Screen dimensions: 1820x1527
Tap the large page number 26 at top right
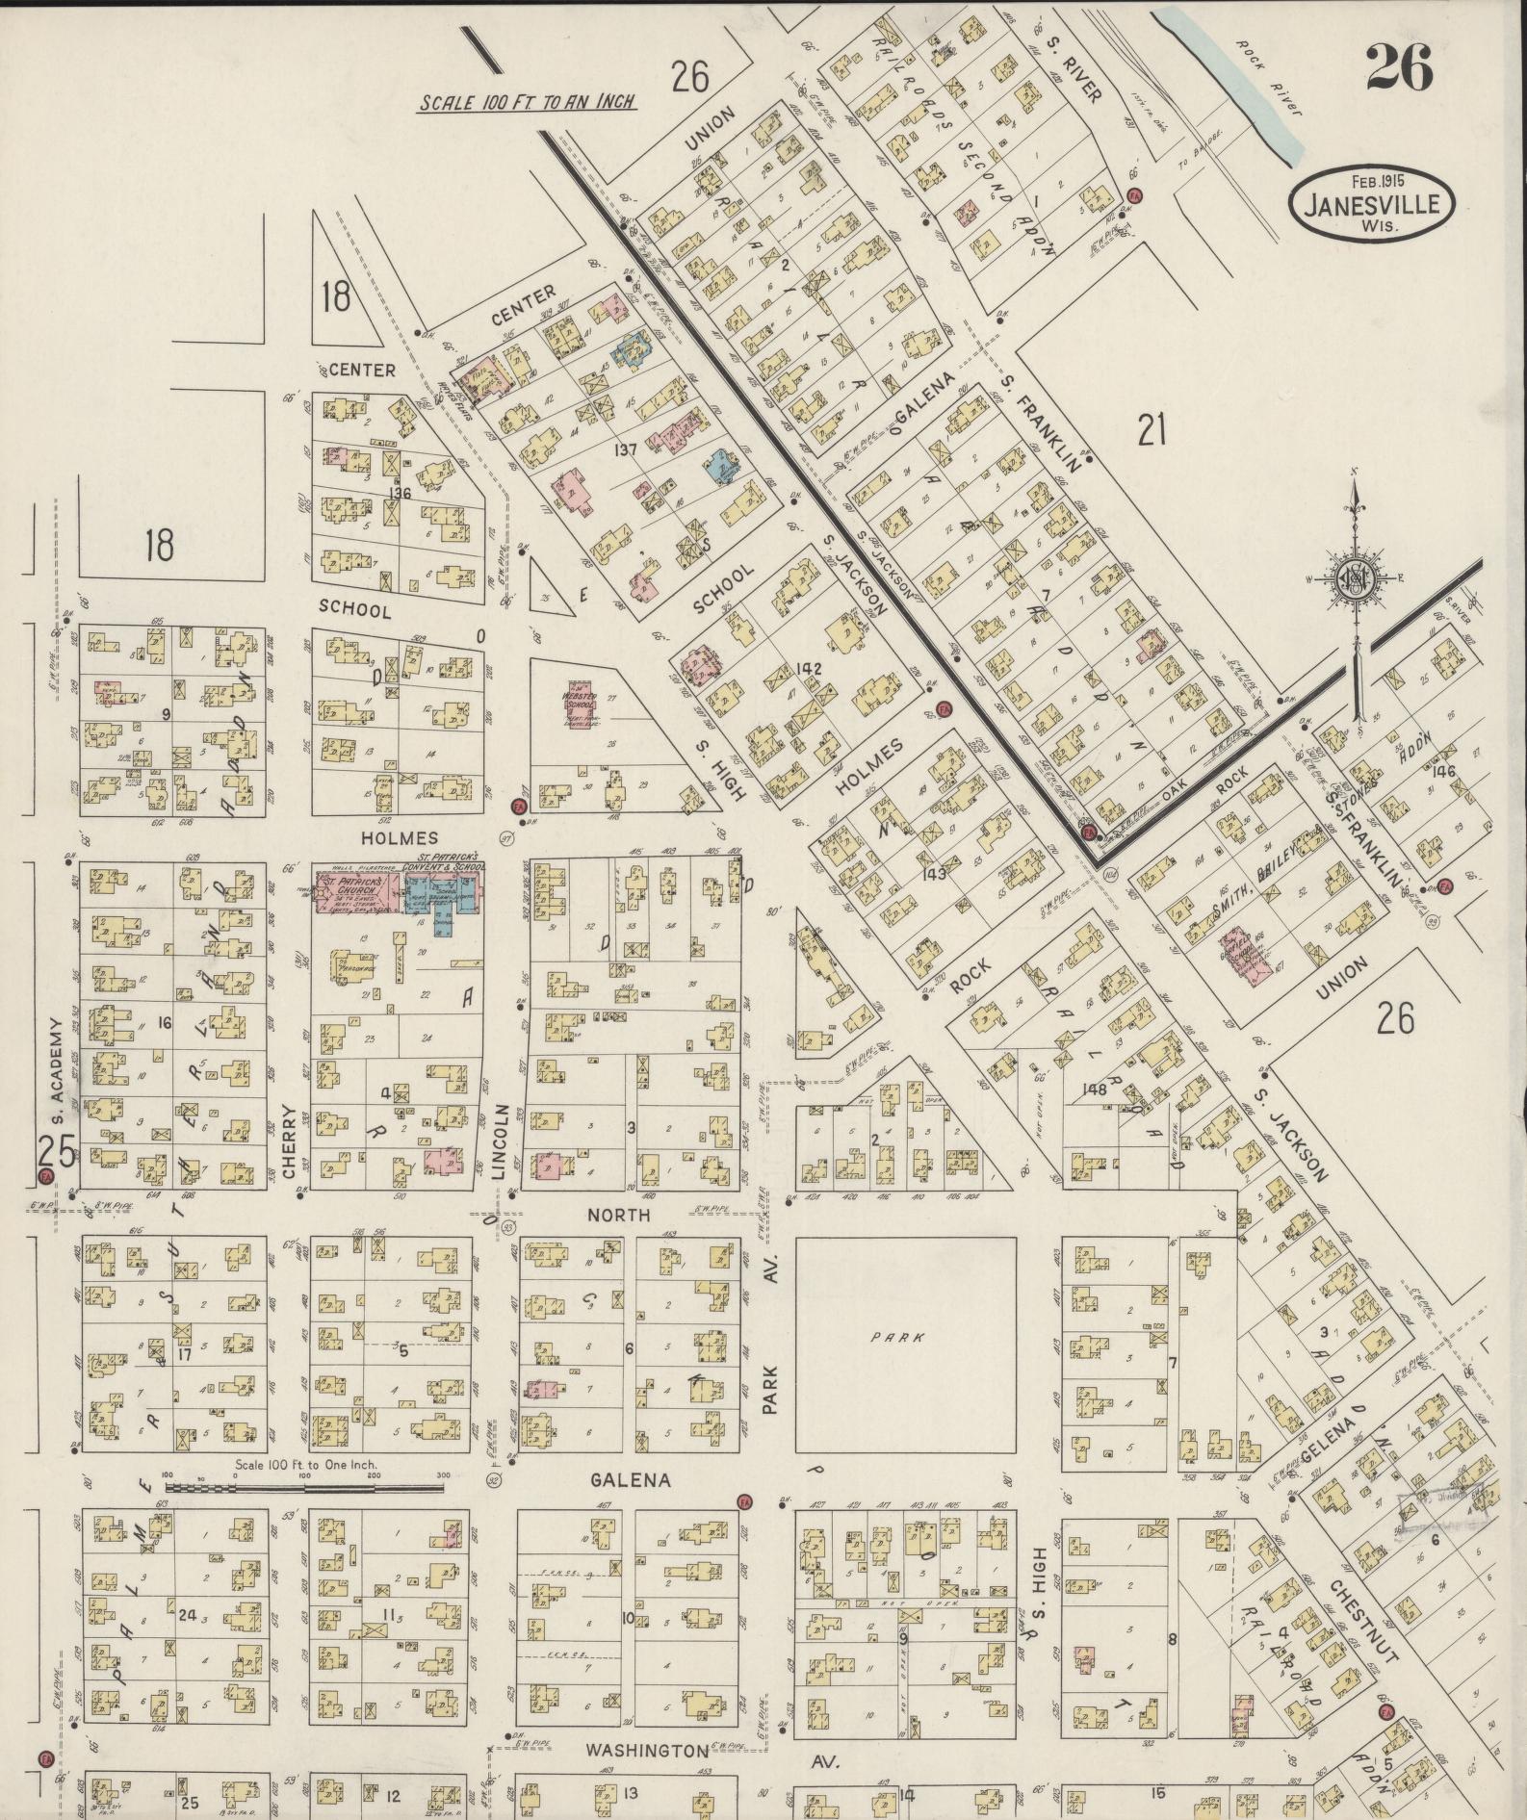[x=1398, y=67]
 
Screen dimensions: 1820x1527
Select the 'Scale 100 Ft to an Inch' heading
[x=527, y=102]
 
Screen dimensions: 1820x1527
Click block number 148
[x=1095, y=1089]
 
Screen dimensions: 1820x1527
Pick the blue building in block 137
[x=719, y=466]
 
